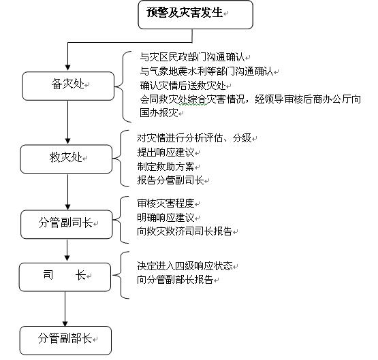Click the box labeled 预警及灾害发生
point(195,15)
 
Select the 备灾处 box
point(68,86)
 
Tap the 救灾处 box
point(66,159)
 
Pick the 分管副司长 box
point(67,225)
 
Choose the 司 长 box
point(65,277)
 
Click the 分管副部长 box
point(65,340)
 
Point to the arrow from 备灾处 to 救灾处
point(67,122)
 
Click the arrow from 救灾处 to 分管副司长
point(67,192)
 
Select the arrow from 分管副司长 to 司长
point(67,250)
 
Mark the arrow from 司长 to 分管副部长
point(65,309)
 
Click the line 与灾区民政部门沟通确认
point(192,57)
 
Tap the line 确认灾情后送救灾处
point(183,86)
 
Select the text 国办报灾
point(159,113)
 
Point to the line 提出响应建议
point(166,152)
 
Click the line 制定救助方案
point(166,167)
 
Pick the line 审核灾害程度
point(166,203)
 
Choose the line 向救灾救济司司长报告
point(185,231)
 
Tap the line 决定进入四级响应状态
point(185,266)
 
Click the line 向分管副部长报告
point(175,280)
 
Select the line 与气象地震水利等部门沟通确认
point(207,71)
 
